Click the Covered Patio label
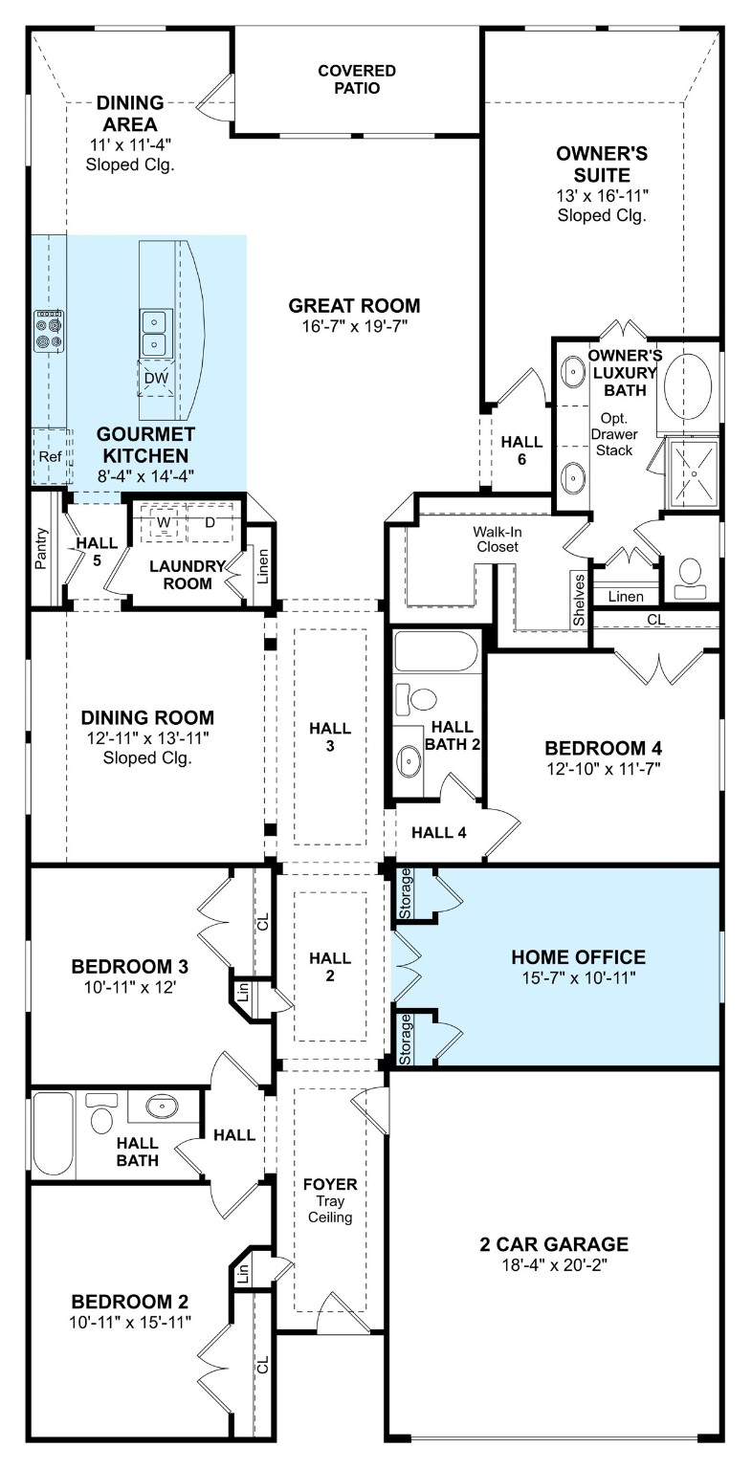pos(356,79)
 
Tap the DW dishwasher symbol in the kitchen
pos(155,379)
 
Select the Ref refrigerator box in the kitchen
pos(49,457)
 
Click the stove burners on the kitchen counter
pos(49,329)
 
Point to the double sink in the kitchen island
pos(155,331)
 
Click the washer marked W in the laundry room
pos(163,522)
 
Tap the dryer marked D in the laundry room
pos(210,522)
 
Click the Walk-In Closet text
pos(495,538)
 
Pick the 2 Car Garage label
pos(554,1244)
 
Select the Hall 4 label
pos(438,832)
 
